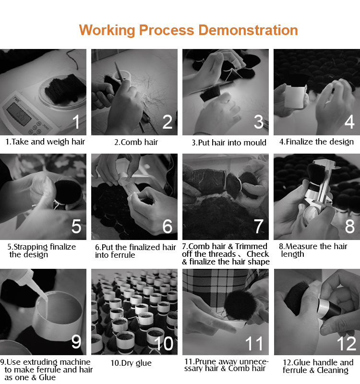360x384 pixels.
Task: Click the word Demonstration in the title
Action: tap(248, 30)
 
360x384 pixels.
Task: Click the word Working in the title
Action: tap(107, 31)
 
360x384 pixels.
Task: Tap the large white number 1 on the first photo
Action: tap(76, 122)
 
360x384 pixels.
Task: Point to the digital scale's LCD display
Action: tap(19, 114)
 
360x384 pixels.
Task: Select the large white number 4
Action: tap(349, 122)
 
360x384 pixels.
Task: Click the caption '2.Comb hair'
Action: tap(136, 142)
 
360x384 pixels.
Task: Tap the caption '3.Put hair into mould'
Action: tap(229, 143)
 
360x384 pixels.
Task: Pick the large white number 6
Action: tap(168, 226)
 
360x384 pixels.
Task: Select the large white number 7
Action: tap(259, 226)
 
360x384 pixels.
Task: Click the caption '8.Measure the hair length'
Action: tap(313, 250)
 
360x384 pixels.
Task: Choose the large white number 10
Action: tap(164, 343)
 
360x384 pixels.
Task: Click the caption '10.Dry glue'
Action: tap(131, 363)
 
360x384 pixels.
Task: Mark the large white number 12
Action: tap(346, 343)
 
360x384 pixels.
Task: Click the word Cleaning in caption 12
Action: tap(333, 370)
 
